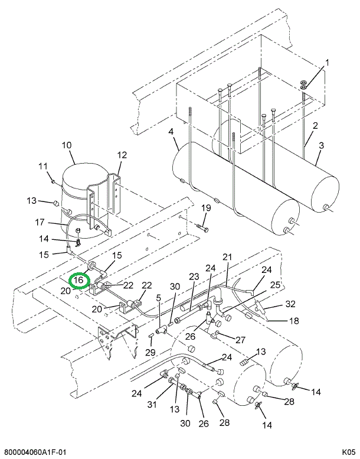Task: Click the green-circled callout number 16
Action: [78, 280]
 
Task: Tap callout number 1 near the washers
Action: [328, 63]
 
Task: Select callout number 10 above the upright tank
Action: [67, 145]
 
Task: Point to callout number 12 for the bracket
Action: [122, 155]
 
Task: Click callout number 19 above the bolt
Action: [206, 208]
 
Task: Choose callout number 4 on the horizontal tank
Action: [171, 132]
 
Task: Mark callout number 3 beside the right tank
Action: [321, 145]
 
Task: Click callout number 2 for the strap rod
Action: [315, 126]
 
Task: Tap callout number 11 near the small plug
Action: [43, 166]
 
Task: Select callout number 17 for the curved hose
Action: [40, 222]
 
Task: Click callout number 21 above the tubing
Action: [227, 257]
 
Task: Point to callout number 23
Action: [194, 276]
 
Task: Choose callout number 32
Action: [290, 304]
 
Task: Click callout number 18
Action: [294, 321]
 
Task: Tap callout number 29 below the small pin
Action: [150, 352]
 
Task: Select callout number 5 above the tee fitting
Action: [158, 298]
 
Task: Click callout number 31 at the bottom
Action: [152, 405]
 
